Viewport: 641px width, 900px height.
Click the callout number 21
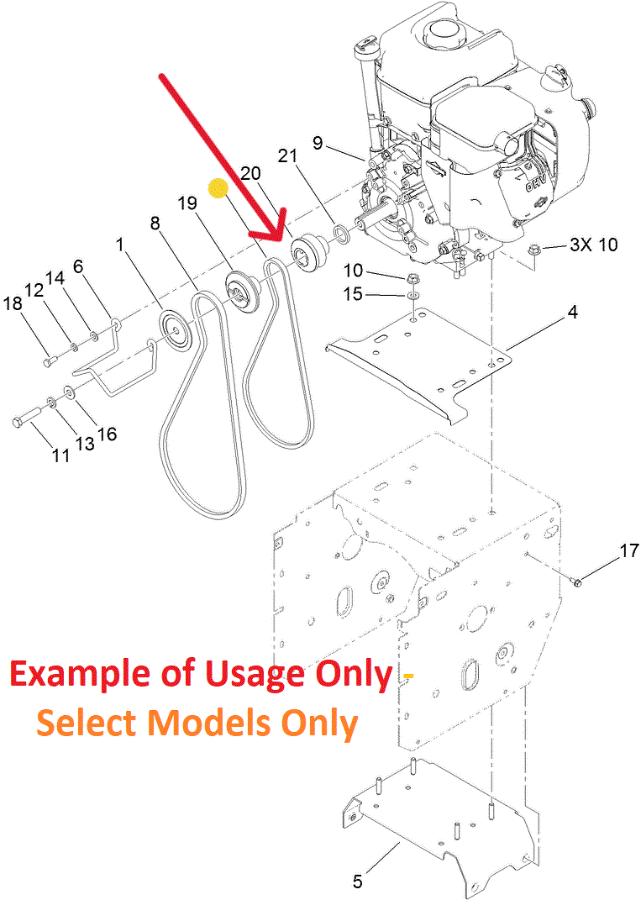point(288,155)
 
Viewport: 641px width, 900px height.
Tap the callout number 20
point(250,173)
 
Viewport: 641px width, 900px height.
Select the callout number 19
point(187,203)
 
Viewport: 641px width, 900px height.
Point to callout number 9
point(318,143)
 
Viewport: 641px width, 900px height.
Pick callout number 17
point(628,552)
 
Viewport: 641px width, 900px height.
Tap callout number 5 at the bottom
point(357,882)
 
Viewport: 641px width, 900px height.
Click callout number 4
point(572,312)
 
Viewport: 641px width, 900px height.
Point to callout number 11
point(60,455)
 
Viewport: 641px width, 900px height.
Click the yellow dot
point(218,190)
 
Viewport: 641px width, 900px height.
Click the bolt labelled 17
point(576,581)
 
